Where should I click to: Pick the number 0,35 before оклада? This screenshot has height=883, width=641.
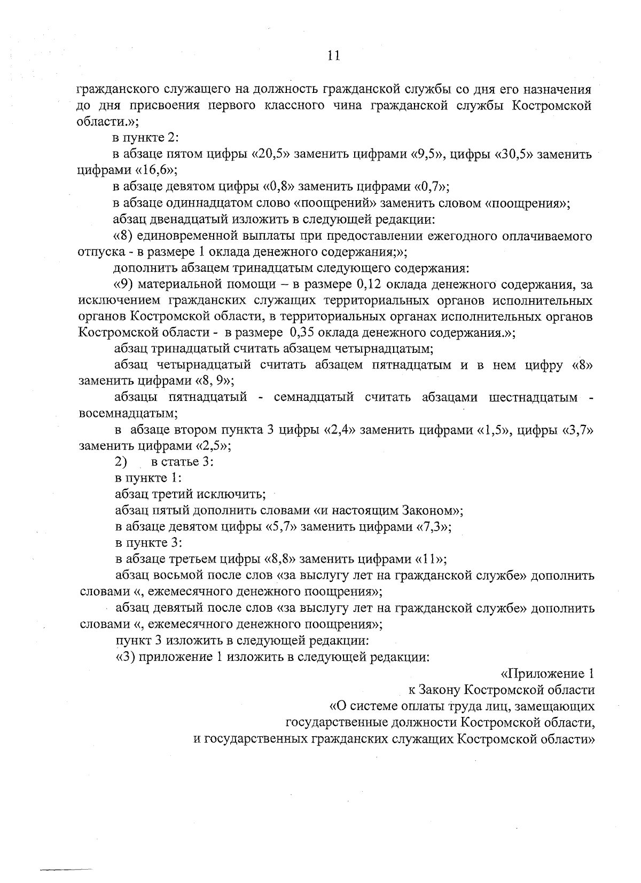click(302, 333)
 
